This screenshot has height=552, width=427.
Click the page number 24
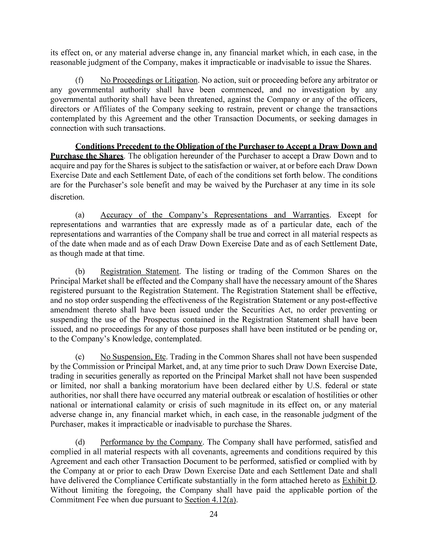pos(213,516)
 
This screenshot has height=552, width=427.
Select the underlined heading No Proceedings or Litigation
pos(149,81)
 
